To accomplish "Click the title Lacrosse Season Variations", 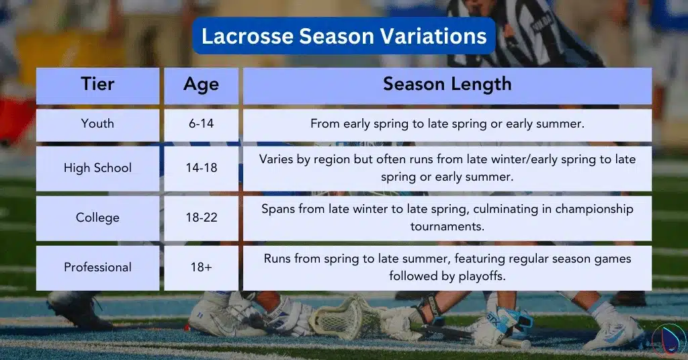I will [344, 36].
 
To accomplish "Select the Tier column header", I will [97, 85].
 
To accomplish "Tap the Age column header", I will [201, 85].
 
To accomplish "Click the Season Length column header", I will [447, 85].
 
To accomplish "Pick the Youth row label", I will [97, 124].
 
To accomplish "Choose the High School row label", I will [97, 168].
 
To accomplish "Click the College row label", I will [97, 218].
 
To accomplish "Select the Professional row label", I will [97, 267].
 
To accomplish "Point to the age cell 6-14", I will [201, 124].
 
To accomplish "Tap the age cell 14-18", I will [201, 168].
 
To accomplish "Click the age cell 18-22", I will [201, 218].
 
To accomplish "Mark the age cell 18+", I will [201, 267].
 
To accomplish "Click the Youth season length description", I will [447, 124].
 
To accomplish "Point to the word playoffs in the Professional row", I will [481, 276].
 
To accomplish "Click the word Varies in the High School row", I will [276, 160].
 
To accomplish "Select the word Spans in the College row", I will [279, 209].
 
